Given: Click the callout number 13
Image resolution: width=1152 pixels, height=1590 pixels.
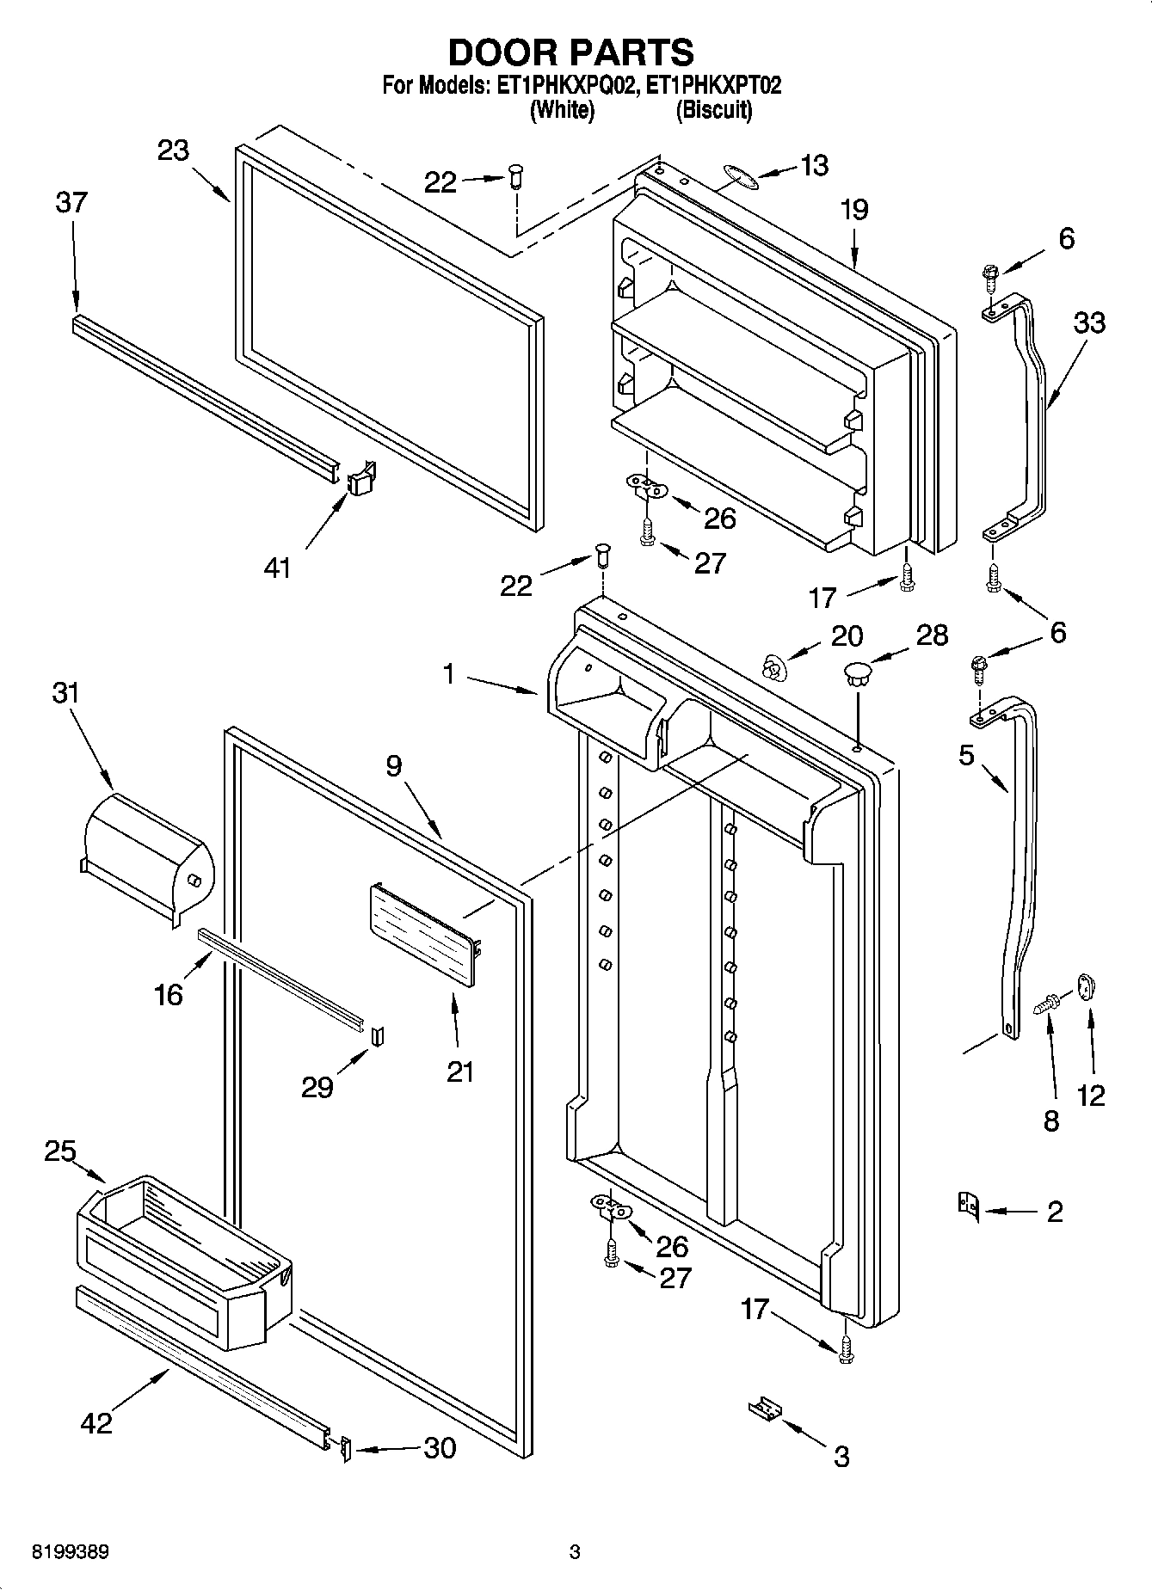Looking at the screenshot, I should point(814,165).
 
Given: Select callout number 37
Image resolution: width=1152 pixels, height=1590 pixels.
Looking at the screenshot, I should point(71,203).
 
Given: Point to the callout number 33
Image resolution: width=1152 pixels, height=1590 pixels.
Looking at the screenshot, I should point(1089,322).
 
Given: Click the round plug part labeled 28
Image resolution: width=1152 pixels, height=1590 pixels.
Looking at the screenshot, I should point(858,672).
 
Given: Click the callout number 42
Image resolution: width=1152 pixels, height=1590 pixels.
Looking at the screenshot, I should point(96,1422).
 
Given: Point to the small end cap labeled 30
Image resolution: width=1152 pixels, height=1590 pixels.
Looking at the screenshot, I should point(345,1449).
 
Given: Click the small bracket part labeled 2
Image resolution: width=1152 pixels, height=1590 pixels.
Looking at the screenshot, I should point(968,1205).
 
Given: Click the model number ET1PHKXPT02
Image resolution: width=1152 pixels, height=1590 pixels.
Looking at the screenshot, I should point(714,86).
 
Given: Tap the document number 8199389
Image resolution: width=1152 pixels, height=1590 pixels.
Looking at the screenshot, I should point(71,1553).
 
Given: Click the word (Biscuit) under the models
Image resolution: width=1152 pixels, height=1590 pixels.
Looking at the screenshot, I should point(713,110).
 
